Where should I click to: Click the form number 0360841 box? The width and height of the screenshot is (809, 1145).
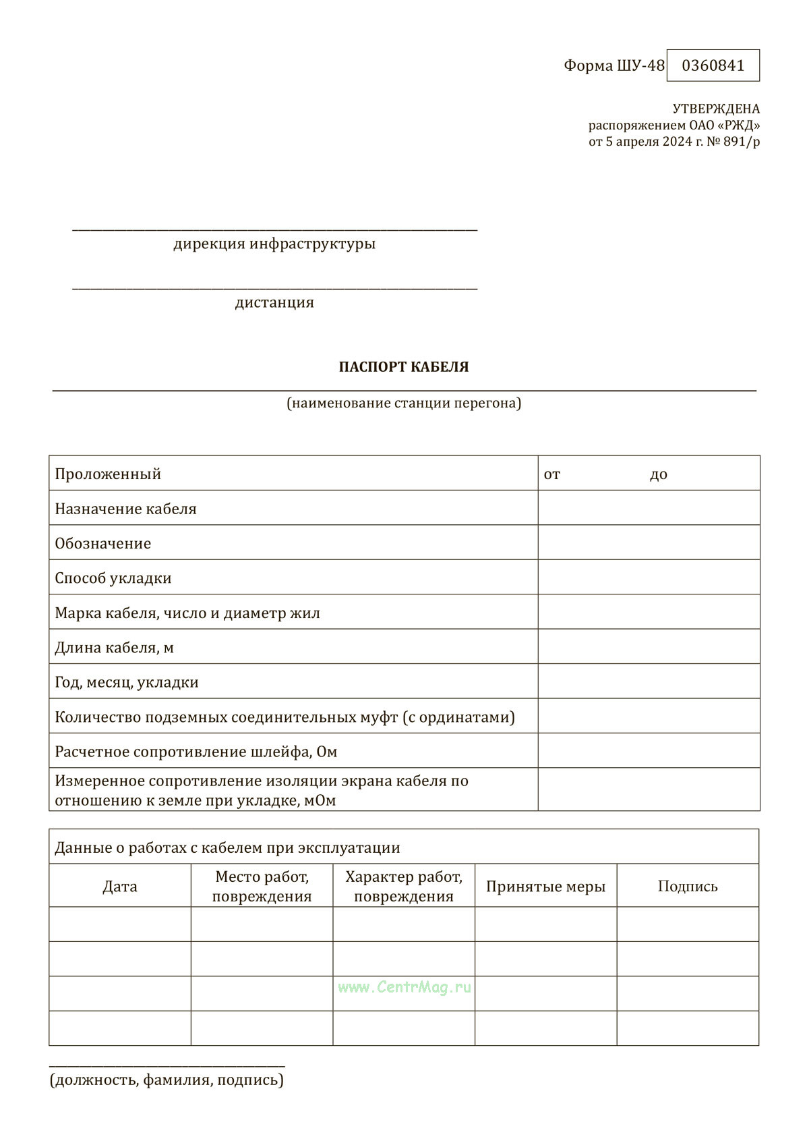pos(713,65)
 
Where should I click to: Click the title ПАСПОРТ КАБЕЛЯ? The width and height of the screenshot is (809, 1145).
pos(404,367)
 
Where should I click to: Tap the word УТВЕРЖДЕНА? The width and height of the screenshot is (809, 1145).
pos(716,109)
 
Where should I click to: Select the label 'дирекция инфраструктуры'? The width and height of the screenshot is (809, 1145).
pos(274,244)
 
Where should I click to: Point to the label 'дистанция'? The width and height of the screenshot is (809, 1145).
pos(274,302)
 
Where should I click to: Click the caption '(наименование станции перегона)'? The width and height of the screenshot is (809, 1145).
pos(404,403)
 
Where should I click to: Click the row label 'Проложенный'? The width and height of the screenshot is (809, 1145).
pos(108,474)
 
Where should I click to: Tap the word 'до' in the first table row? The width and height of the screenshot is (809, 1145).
pos(659,474)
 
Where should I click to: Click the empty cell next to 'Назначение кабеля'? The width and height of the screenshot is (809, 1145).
pos(649,508)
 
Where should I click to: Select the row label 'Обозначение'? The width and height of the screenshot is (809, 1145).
pos(103,543)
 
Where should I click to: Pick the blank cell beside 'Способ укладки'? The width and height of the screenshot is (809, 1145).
pos(649,578)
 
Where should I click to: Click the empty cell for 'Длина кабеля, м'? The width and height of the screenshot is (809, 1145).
pos(649,647)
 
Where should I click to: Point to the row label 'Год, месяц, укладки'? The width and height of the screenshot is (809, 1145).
pos(127,682)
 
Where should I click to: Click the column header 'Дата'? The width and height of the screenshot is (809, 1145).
pos(120,887)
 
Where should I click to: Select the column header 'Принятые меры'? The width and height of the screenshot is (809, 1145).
pos(545,887)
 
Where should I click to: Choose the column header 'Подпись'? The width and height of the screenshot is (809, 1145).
pos(688,887)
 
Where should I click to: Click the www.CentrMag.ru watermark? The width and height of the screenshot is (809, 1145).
pos(404,987)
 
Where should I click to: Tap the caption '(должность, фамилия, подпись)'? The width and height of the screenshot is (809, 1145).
pos(167,1080)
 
